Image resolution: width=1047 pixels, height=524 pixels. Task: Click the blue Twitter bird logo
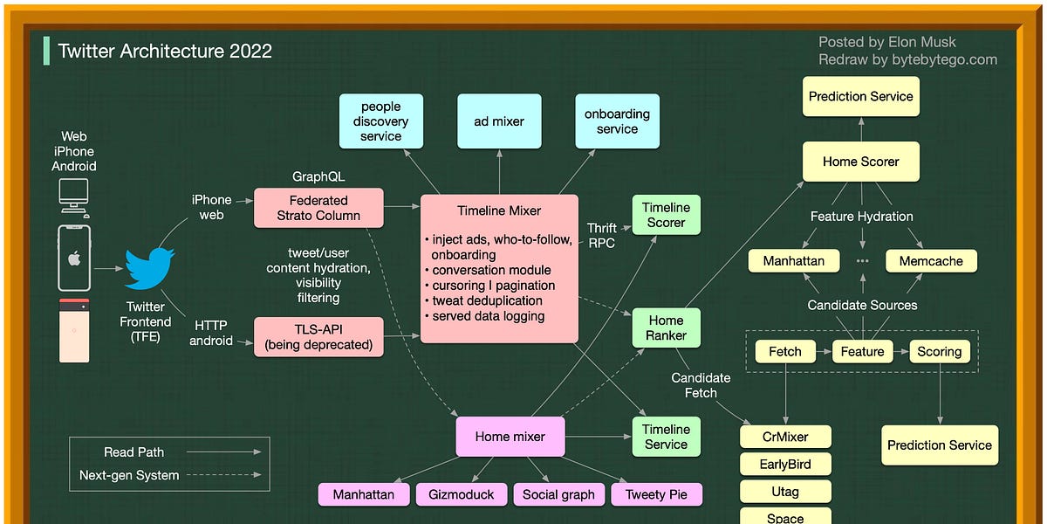click(x=149, y=269)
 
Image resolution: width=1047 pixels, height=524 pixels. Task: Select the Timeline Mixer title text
click(x=499, y=210)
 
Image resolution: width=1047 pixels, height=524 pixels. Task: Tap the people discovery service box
click(x=380, y=121)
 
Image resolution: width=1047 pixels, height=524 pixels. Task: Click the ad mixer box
click(x=499, y=121)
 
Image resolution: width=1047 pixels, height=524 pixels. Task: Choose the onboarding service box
click(x=617, y=121)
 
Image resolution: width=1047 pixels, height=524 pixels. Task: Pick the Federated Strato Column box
click(x=318, y=208)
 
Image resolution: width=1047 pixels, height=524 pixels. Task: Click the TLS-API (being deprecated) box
click(x=318, y=337)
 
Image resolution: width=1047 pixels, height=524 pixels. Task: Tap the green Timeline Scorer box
click(x=666, y=215)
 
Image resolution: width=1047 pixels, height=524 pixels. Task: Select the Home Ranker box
click(x=666, y=327)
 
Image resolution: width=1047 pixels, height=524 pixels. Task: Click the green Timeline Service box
click(x=666, y=437)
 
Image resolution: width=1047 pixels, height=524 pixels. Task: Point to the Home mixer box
click(x=510, y=437)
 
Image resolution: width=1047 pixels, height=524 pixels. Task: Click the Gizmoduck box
click(x=461, y=494)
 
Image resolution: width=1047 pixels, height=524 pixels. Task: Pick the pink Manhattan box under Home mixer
click(x=363, y=494)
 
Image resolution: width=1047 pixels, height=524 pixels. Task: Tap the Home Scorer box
click(x=860, y=162)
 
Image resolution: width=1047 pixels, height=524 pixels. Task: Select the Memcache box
click(x=931, y=261)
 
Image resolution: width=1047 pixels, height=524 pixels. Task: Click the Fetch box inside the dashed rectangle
click(x=785, y=352)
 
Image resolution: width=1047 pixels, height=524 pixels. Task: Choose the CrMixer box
click(x=785, y=437)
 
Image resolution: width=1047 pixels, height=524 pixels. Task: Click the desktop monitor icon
click(x=74, y=196)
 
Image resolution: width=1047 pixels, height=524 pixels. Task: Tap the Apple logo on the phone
click(x=74, y=259)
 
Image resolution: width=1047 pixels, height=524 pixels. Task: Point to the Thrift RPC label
click(x=601, y=235)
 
